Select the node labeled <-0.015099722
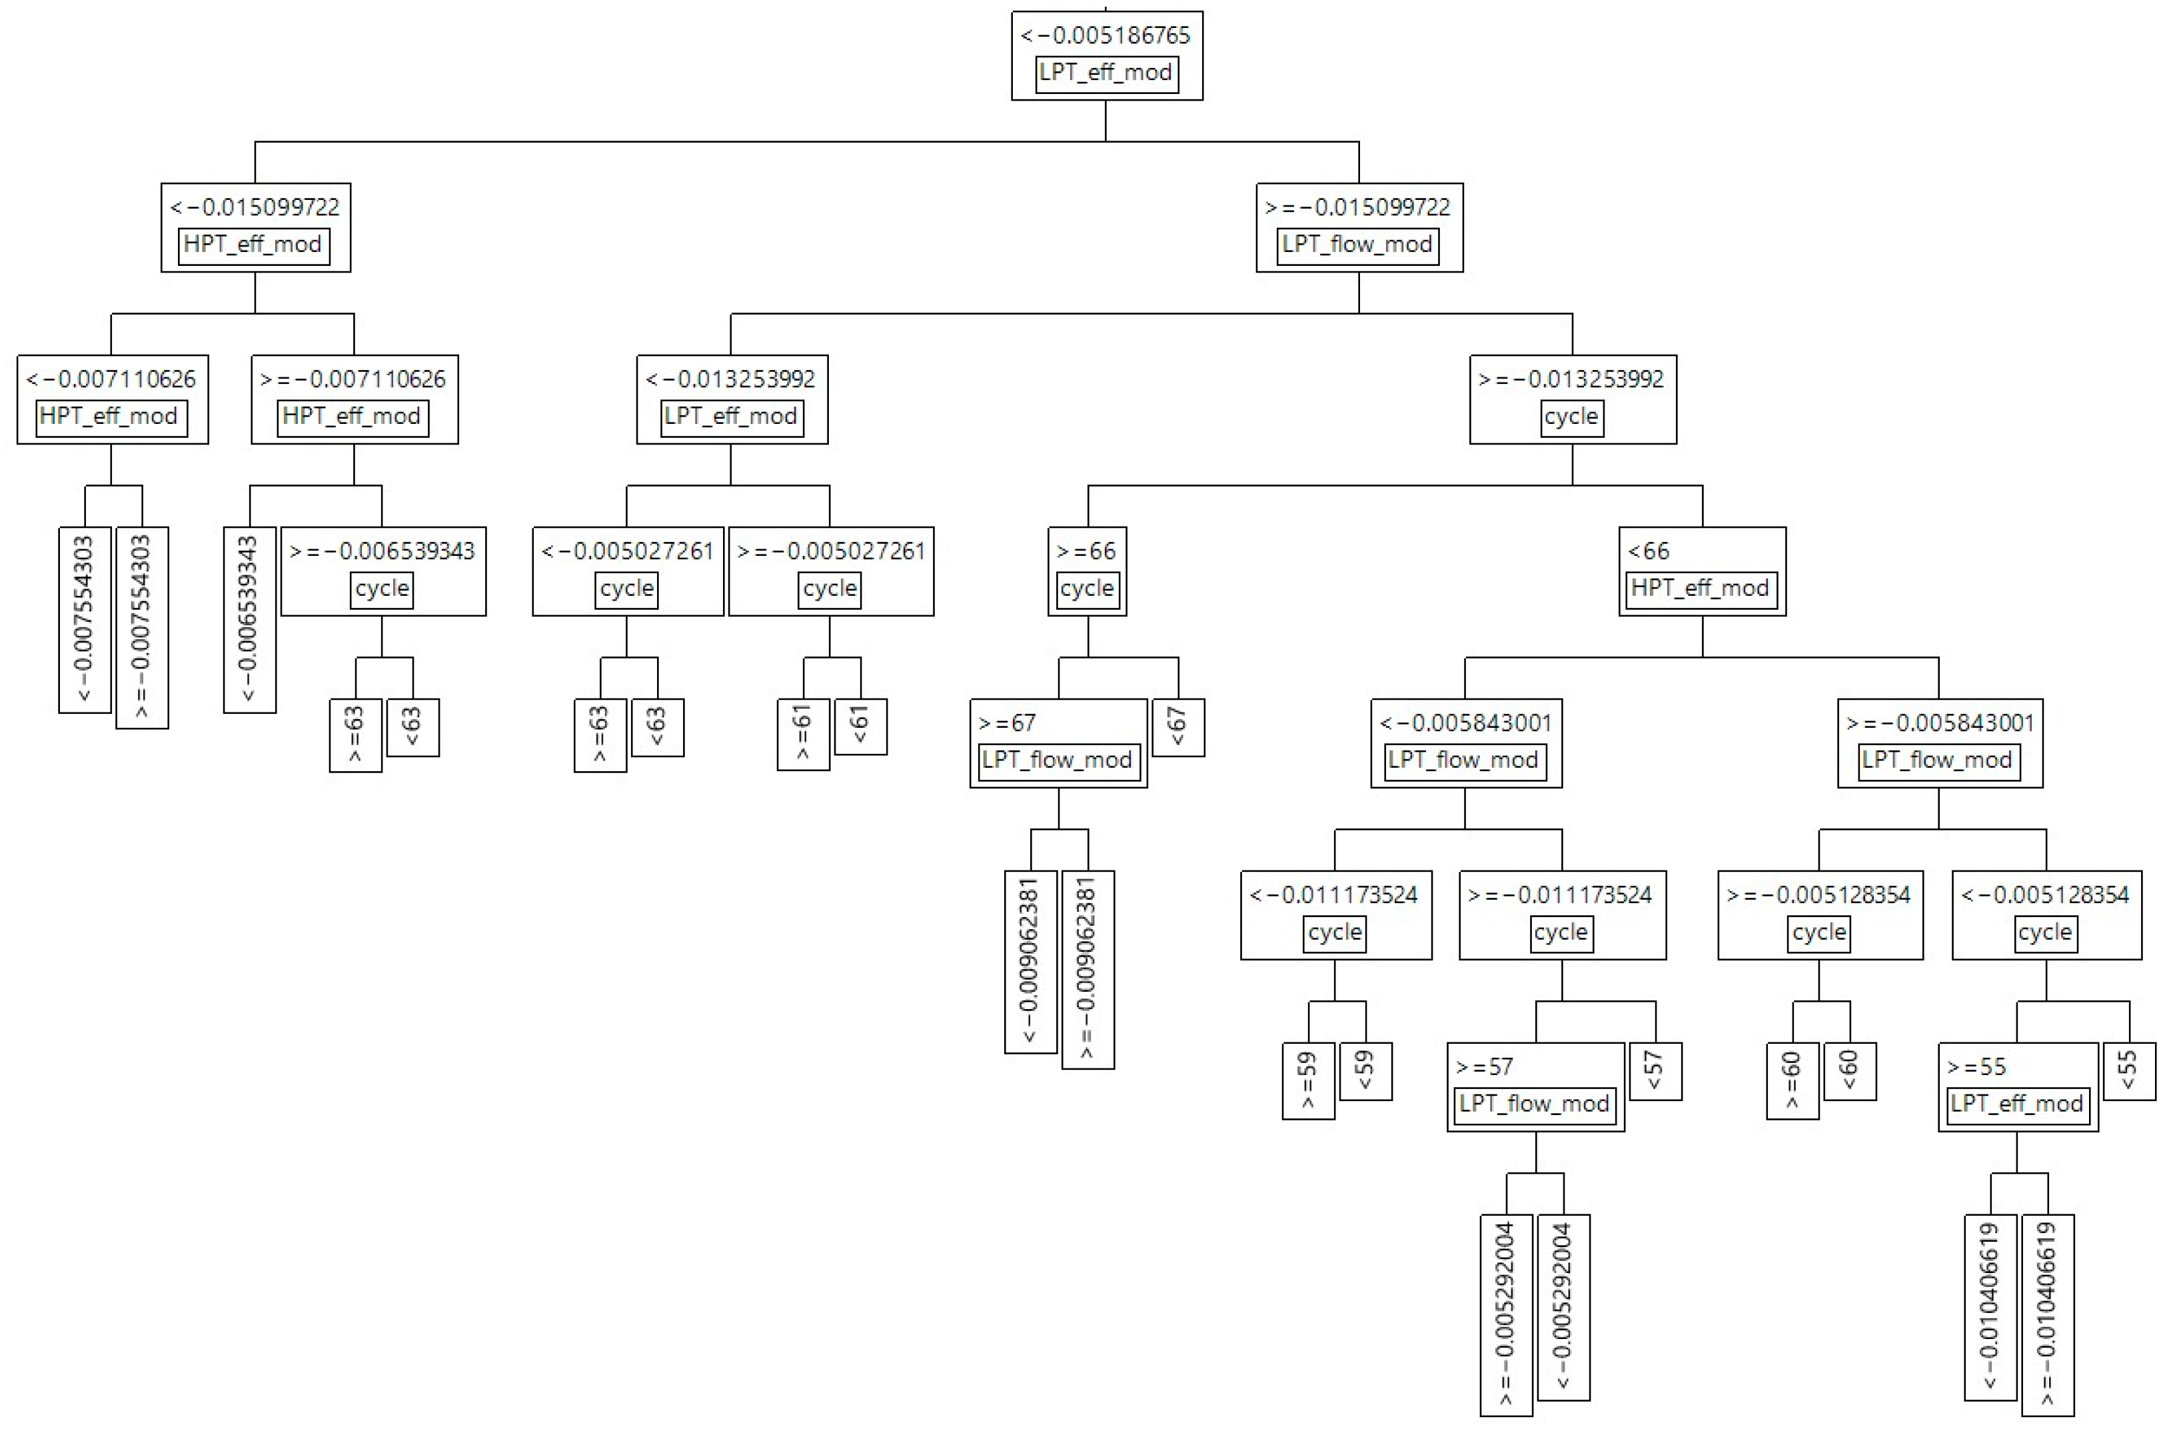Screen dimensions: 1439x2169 (255, 227)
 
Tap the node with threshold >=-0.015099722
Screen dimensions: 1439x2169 (1358, 227)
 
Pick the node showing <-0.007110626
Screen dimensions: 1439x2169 (112, 399)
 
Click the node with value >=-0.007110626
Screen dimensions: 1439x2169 (354, 399)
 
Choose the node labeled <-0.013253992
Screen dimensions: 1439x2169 (731, 399)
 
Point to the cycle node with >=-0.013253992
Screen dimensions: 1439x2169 (1572, 399)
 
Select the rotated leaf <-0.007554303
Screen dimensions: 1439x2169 (85, 619)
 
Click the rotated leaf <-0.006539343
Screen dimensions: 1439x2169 (250, 619)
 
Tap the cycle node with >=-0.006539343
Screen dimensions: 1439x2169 (382, 571)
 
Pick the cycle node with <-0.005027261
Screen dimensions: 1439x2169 (628, 571)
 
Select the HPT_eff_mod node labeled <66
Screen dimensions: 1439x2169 (1701, 571)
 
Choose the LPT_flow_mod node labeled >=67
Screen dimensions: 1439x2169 (1058, 742)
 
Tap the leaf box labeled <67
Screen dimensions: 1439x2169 (1178, 727)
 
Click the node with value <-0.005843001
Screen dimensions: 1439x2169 (1465, 742)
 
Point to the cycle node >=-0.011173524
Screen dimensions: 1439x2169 (1561, 915)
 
